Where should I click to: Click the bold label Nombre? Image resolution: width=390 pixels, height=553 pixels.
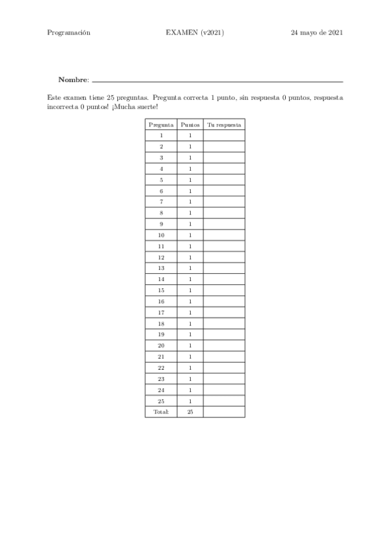tap(72, 80)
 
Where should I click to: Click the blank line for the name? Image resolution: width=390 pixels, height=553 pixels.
tap(217, 81)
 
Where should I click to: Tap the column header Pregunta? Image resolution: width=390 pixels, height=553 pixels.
tap(161, 125)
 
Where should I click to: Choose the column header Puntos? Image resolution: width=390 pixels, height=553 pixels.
tap(190, 125)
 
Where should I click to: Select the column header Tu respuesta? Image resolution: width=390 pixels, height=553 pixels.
tap(224, 125)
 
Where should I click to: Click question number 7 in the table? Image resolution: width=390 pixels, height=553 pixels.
tap(161, 202)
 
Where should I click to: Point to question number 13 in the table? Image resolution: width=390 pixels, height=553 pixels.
tap(161, 268)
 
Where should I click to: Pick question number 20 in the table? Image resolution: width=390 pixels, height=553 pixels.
tap(161, 346)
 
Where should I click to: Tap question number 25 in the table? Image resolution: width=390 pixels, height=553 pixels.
tap(161, 400)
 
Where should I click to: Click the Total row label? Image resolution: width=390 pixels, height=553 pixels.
tap(161, 411)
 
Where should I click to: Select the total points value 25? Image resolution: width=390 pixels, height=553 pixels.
tap(190, 411)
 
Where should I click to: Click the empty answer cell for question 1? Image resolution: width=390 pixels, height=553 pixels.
tap(224, 136)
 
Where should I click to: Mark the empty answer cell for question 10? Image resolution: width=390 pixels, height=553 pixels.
tap(224, 235)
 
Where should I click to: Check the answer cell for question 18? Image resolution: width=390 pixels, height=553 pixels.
tap(224, 323)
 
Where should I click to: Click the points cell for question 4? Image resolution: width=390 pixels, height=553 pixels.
tap(190, 169)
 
